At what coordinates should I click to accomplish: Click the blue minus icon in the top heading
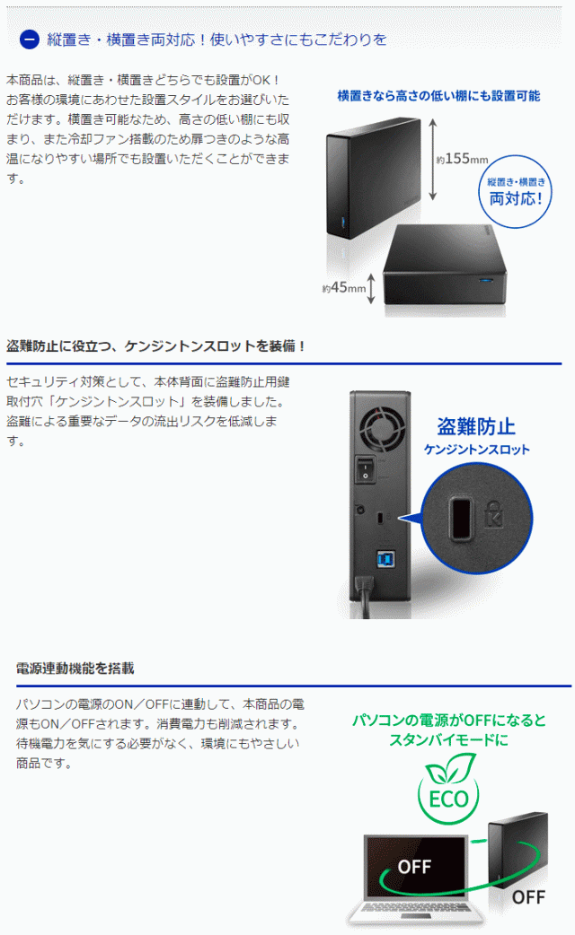29,39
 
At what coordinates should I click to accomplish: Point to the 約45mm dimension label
345,289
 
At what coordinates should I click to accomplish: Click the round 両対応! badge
516,188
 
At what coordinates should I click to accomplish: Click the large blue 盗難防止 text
475,426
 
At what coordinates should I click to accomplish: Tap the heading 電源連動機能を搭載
75,668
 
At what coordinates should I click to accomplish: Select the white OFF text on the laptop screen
415,867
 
